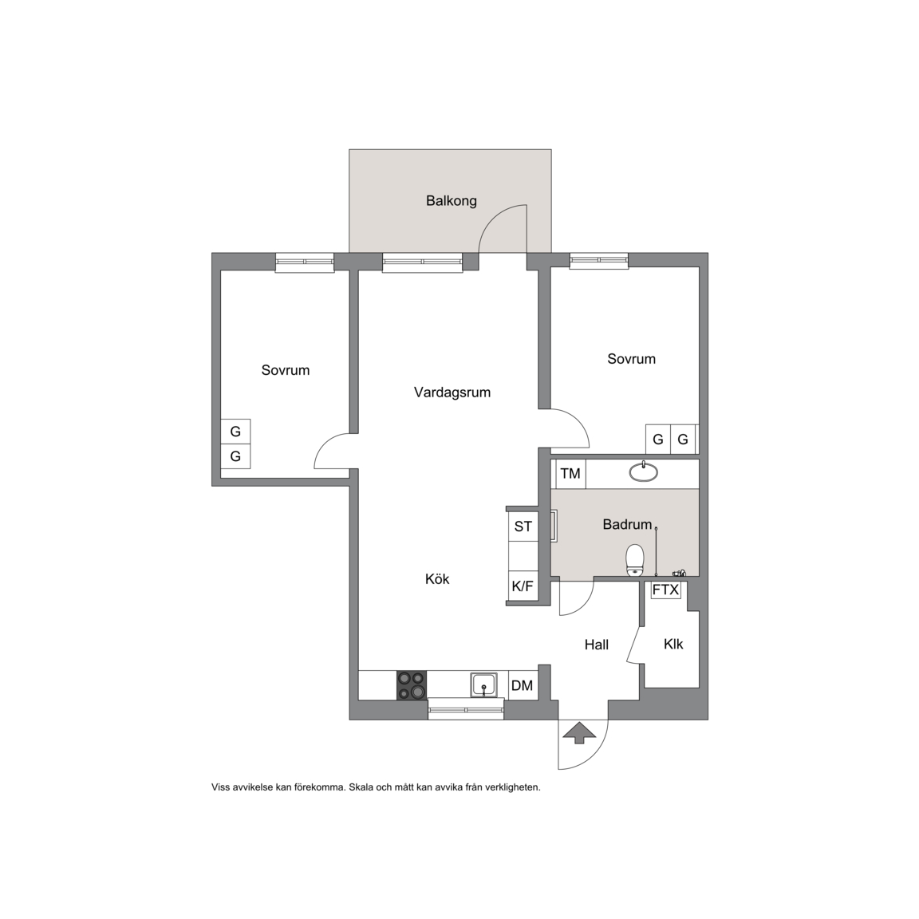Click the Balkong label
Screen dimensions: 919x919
(452, 201)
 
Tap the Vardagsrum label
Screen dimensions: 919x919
(452, 392)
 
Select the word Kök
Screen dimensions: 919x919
(437, 579)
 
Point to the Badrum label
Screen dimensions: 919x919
(627, 525)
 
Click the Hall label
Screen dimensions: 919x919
(597, 645)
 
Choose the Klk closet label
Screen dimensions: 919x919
(673, 644)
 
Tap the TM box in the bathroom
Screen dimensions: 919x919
(570, 474)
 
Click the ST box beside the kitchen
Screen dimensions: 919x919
(523, 527)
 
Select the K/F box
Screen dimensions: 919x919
(523, 586)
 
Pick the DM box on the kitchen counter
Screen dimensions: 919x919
(523, 685)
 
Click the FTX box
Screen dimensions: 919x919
(666, 590)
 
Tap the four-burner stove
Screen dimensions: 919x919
(412, 685)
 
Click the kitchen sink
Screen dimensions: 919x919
(483, 684)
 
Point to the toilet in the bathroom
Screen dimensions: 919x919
(635, 560)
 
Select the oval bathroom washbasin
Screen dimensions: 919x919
(644, 471)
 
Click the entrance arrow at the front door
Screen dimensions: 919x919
(579, 733)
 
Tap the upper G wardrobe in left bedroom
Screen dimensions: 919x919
(235, 432)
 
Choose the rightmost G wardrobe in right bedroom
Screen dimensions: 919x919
(683, 439)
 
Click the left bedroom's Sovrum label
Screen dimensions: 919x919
(286, 370)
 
